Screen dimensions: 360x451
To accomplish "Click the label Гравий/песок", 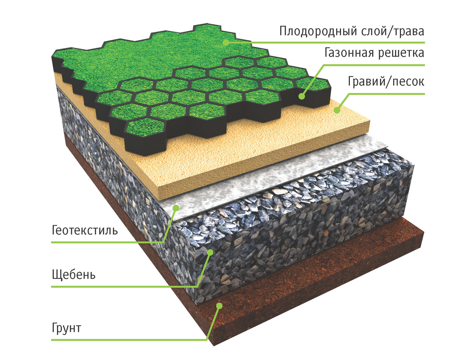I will pyautogui.click(x=386, y=81).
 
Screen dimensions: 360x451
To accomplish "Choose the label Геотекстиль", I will pyautogui.click(x=85, y=230).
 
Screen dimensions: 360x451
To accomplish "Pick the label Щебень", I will pyautogui.click(x=74, y=274).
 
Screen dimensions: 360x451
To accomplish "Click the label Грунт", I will pyautogui.click(x=67, y=328).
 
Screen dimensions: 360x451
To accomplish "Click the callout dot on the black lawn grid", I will pyautogui.click(x=302, y=96).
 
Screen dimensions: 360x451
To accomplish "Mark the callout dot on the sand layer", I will pyautogui.click(x=337, y=110).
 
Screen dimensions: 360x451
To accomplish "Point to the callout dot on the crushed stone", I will pyautogui.click(x=210, y=252).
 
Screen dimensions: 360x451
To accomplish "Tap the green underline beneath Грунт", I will pyautogui.click(x=127, y=340).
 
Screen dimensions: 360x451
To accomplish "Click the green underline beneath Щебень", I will pyautogui.click(x=123, y=287).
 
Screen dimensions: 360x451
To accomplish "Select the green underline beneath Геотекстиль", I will pyautogui.click(x=106, y=242).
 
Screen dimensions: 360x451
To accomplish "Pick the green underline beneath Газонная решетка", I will pyautogui.click(x=373, y=65).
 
